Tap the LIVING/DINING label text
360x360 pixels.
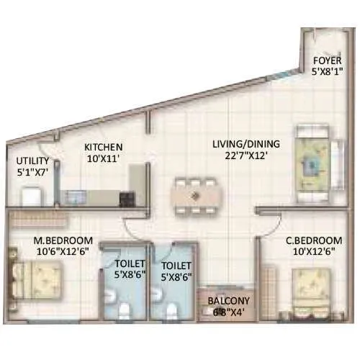[x=246, y=144]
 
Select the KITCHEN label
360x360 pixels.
[x=103, y=145]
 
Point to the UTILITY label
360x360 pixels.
[x=32, y=161]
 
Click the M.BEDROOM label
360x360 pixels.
[x=64, y=240]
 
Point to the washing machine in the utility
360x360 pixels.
[x=30, y=196]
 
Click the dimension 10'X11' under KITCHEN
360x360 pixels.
[x=103, y=158]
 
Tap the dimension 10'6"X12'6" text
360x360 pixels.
[x=64, y=252]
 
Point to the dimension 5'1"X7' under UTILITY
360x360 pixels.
[x=32, y=173]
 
